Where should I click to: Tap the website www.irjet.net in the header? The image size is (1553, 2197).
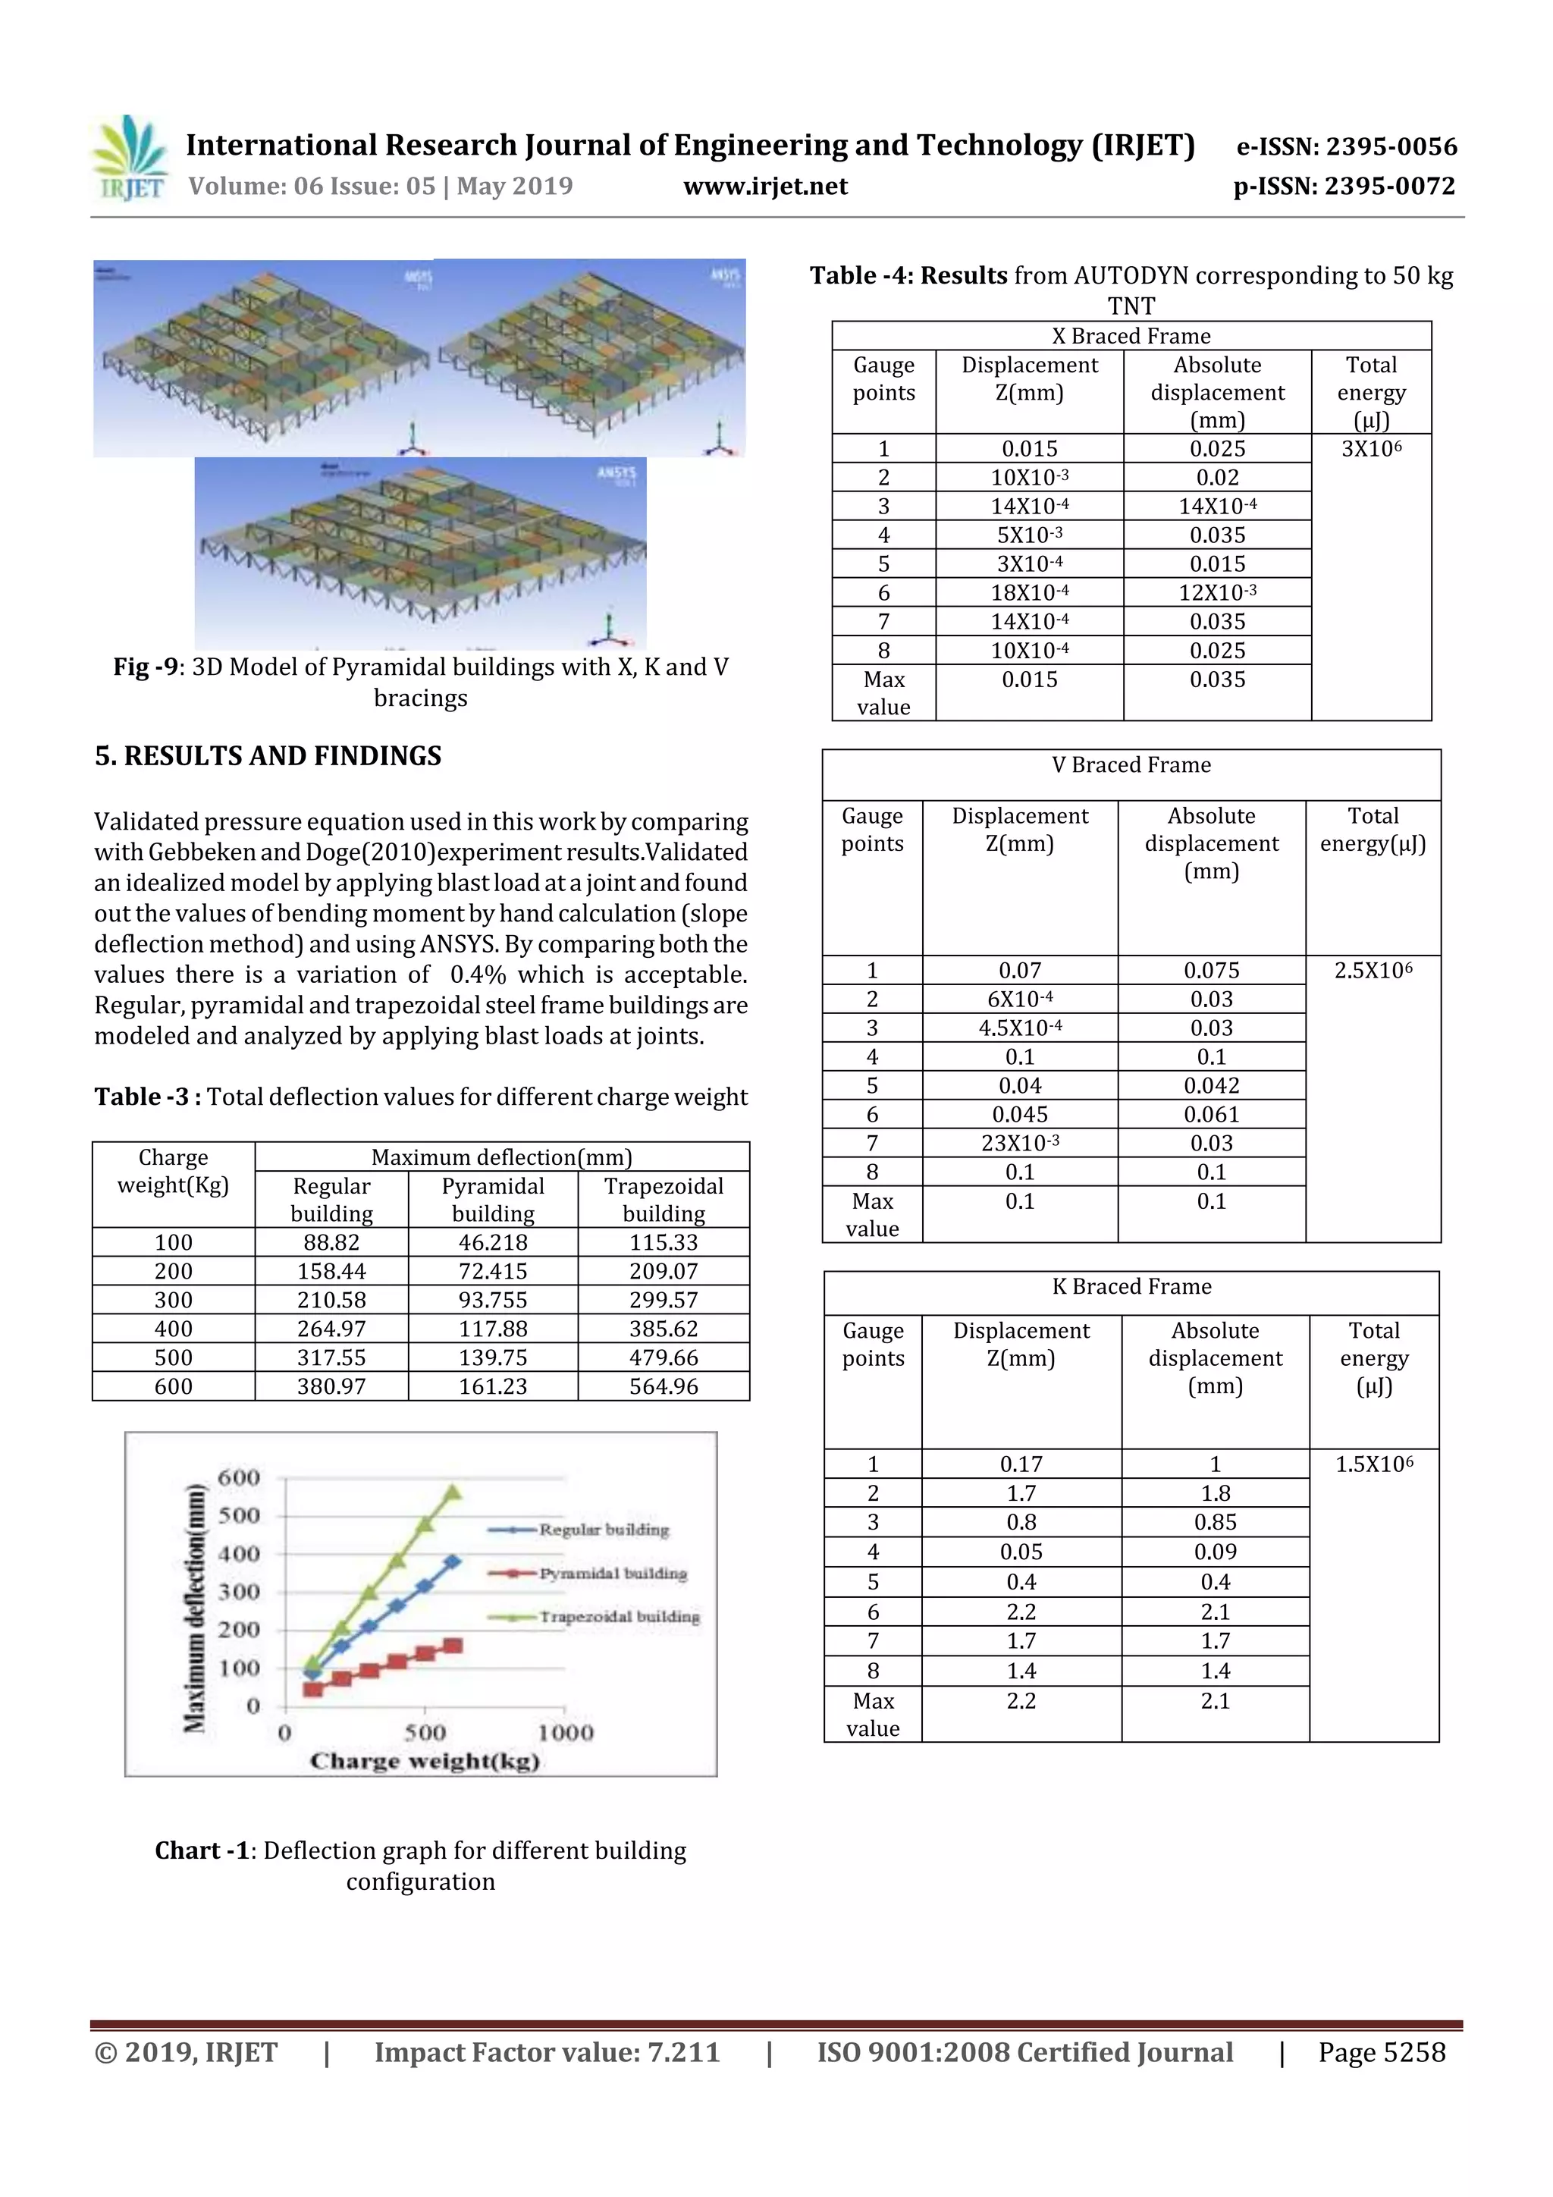tap(764, 186)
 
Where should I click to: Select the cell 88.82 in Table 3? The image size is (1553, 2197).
tap(331, 1242)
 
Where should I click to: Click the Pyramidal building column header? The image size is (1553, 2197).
tap(493, 1199)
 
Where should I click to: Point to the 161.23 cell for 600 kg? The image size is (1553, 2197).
tap(493, 1386)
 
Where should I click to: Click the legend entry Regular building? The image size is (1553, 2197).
tap(603, 1529)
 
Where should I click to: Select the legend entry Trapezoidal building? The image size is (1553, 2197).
tap(618, 1616)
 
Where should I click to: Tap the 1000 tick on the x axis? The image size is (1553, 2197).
tap(566, 1733)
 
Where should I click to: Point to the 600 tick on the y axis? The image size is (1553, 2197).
tap(238, 1477)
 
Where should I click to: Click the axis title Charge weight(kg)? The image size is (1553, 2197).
tap(424, 1762)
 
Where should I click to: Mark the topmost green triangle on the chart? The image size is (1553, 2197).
tap(453, 1492)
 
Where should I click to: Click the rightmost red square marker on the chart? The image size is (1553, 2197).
tap(453, 1646)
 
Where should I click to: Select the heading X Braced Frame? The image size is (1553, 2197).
tap(1131, 336)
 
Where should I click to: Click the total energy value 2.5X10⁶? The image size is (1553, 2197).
tap(1373, 970)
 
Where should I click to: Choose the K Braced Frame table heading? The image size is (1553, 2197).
tap(1131, 1286)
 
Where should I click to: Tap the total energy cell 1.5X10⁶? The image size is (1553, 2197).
tap(1373, 1464)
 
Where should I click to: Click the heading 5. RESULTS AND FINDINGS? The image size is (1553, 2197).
tap(268, 756)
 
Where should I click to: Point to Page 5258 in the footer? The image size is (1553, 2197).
tap(1381, 2051)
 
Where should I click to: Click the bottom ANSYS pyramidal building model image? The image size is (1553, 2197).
tap(420, 553)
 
